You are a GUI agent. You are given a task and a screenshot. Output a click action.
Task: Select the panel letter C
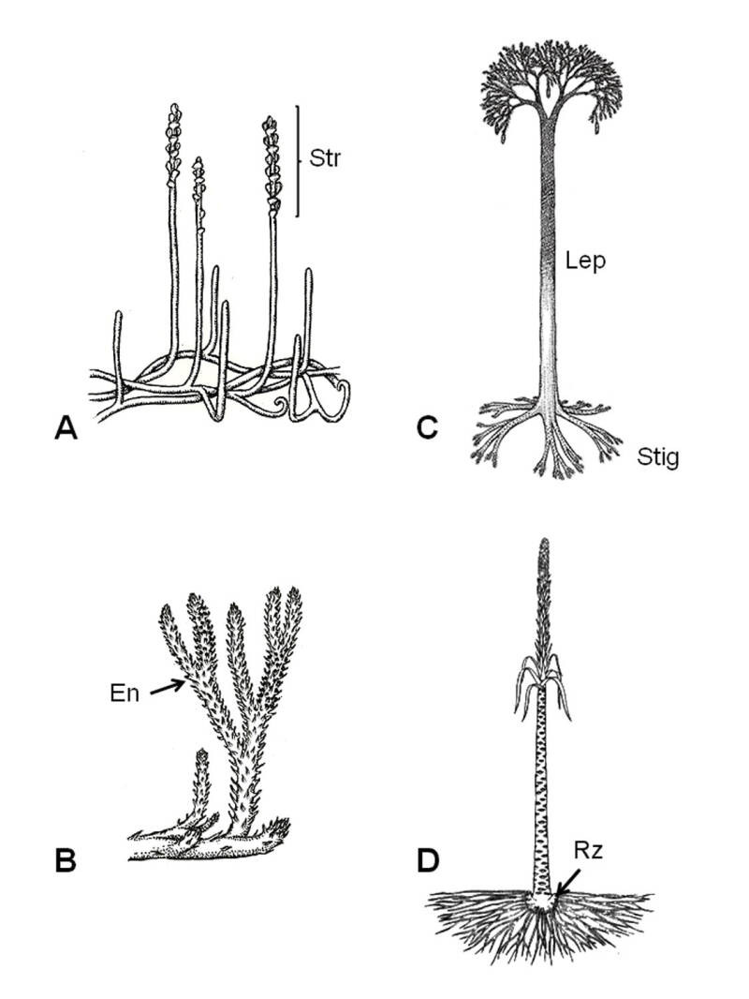click(x=426, y=427)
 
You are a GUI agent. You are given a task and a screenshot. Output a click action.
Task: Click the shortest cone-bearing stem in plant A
click(x=198, y=234)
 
